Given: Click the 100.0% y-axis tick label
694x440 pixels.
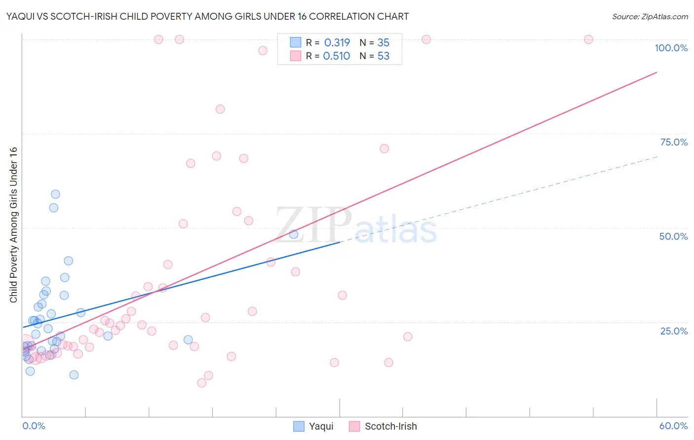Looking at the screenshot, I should (671, 48).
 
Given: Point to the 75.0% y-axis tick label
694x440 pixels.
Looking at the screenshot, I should (674, 142).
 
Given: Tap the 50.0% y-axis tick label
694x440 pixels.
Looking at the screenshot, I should (673, 236).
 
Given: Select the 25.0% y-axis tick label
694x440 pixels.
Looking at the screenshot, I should (674, 331).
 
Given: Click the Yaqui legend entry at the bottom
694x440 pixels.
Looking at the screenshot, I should (314, 426).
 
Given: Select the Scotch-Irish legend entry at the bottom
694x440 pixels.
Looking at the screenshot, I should (384, 426).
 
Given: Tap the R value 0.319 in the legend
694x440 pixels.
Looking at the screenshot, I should (337, 43).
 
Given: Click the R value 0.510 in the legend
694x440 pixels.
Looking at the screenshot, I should (336, 56).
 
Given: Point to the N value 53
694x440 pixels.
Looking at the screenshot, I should (384, 56).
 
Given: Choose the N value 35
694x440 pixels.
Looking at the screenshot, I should (384, 43).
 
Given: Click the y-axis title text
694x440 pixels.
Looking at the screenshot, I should (13, 225).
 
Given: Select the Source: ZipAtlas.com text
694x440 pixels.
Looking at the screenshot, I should (650, 17).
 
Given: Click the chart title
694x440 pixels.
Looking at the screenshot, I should (207, 17).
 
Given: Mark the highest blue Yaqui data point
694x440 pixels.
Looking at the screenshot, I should (55, 194).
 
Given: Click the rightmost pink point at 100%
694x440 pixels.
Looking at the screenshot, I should (588, 39).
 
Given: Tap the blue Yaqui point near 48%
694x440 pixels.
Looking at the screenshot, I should (294, 234).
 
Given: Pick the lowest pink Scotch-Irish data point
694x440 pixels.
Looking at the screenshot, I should (201, 383).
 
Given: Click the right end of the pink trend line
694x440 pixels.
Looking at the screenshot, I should (656, 73).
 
